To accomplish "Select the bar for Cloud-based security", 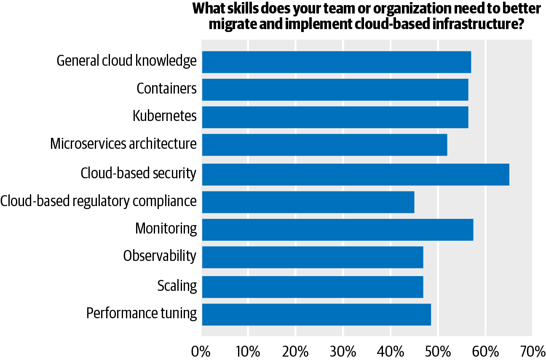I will tap(355, 174).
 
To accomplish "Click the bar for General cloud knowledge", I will tap(336, 62).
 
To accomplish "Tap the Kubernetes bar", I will tap(335, 117).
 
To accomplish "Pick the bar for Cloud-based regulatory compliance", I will tap(308, 202).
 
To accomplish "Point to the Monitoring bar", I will tap(337, 230).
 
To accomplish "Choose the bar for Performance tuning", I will tap(316, 314).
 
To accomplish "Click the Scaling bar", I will tap(312, 287).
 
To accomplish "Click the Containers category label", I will tap(166, 89).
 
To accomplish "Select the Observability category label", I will tap(160, 256).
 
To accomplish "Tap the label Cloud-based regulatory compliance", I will tap(98, 201).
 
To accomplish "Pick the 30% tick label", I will tap(343, 351).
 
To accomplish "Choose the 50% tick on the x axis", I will tap(438, 351).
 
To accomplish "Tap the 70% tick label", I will tap(533, 351).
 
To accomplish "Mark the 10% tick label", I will tap(248, 351).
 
